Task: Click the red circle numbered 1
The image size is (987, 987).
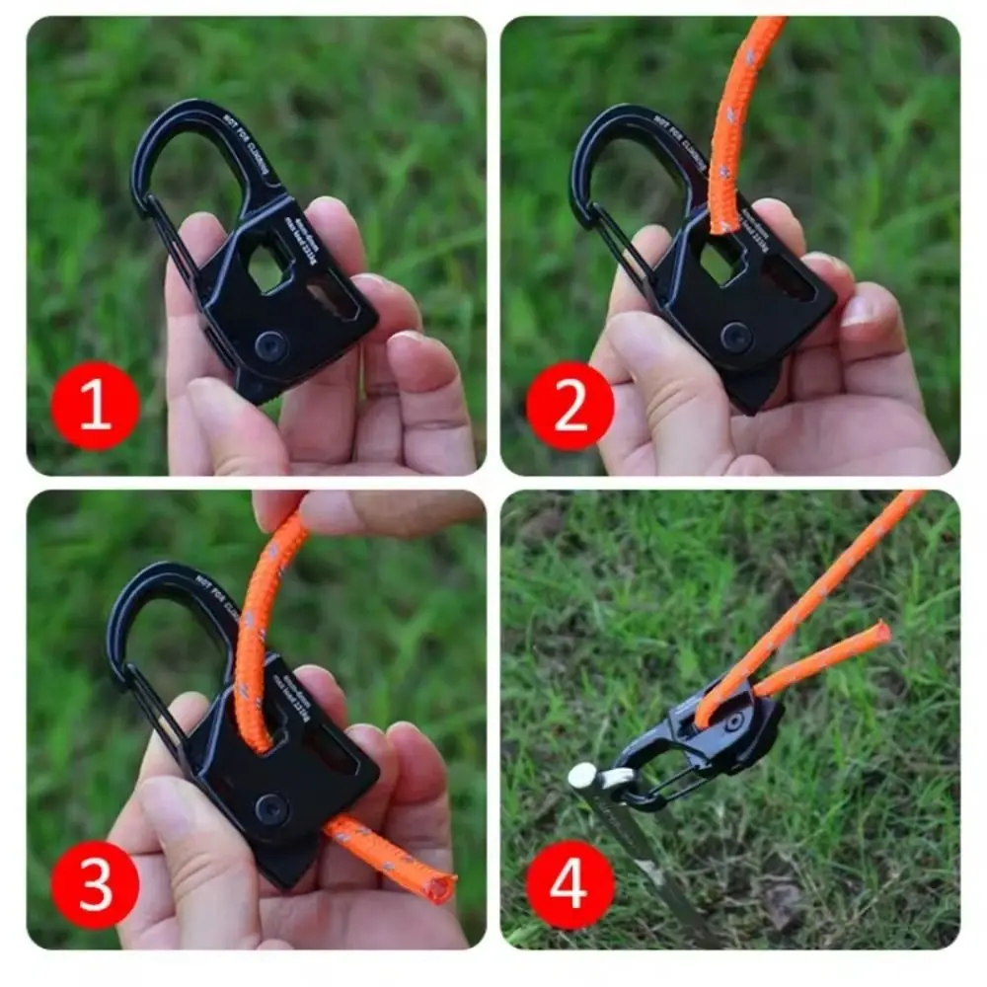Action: (x=96, y=406)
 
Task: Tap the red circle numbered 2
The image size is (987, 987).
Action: (x=569, y=406)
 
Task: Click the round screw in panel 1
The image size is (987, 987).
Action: (x=270, y=344)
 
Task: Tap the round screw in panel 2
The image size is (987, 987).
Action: (x=735, y=337)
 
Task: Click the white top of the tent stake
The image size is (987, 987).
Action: (x=582, y=775)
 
